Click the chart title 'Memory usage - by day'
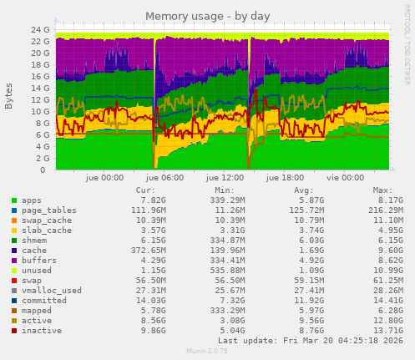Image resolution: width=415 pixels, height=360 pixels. coord(207,16)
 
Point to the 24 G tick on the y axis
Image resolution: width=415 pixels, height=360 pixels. coord(39,29)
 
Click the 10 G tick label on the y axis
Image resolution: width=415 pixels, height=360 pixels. coord(39,111)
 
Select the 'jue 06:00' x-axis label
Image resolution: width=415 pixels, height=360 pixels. coord(164,178)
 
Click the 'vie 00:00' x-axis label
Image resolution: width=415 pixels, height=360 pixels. coord(345,178)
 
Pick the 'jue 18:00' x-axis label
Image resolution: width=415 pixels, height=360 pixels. coord(285,178)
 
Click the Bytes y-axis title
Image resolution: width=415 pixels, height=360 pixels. coord(9,96)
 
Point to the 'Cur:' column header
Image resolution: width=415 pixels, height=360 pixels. coord(145,190)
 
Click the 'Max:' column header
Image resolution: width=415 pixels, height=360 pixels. coord(382,190)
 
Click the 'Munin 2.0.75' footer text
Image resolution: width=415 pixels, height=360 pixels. coord(207,352)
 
